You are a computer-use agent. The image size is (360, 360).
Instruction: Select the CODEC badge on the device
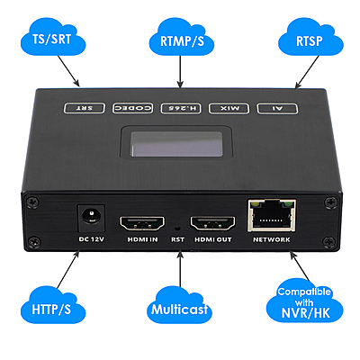(x=131, y=108)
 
